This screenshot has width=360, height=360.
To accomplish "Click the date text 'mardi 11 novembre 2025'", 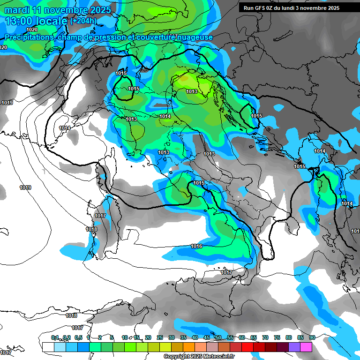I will [x=58, y=10].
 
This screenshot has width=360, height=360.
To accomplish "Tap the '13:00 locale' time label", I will [x=36, y=21].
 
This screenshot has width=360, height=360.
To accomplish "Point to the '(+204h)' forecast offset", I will [x=83, y=21].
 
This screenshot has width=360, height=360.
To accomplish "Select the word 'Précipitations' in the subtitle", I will [x=30, y=37].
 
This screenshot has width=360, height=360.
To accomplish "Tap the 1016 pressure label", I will [x=196, y=246].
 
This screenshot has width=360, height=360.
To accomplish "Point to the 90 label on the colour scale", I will [x=312, y=337].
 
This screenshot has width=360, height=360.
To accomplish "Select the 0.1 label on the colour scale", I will [x=55, y=337].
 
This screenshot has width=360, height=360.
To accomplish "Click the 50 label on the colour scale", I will [x=218, y=337].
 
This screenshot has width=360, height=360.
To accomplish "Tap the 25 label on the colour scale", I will [x=159, y=337].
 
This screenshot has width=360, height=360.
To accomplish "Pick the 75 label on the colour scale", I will [x=277, y=337].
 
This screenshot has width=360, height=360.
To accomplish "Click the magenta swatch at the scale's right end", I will [x=306, y=347].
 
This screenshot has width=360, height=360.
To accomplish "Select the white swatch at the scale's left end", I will [x=48, y=347].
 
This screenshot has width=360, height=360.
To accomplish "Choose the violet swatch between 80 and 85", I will [x=294, y=347].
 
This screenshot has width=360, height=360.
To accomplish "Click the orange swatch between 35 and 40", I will [x=189, y=347].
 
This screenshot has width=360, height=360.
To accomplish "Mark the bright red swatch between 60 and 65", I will [x=247, y=347].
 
